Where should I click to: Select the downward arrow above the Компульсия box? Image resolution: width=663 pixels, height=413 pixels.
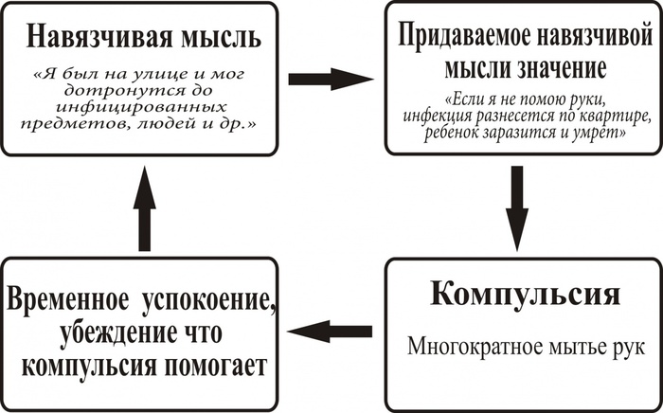(517, 207)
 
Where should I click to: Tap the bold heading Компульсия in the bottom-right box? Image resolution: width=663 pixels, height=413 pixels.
(525, 293)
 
